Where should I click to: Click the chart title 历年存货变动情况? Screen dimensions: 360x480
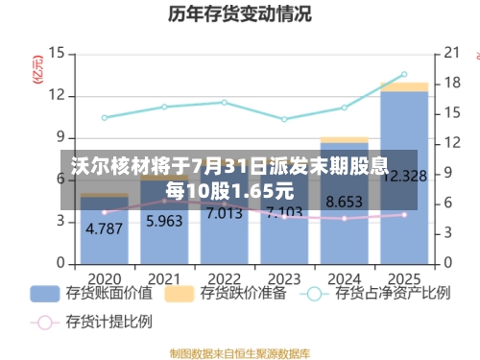(239, 14)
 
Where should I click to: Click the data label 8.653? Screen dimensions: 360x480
(344, 203)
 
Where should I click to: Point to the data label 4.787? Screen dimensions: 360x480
(104, 229)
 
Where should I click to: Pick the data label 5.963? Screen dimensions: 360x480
(163, 222)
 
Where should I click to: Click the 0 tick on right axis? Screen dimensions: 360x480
(447, 262)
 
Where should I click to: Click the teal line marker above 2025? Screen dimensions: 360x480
(403, 74)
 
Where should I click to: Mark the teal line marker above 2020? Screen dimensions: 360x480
(104, 118)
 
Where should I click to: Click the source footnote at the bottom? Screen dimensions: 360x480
(239, 352)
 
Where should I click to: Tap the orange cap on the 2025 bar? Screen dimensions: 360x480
(403, 86)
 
